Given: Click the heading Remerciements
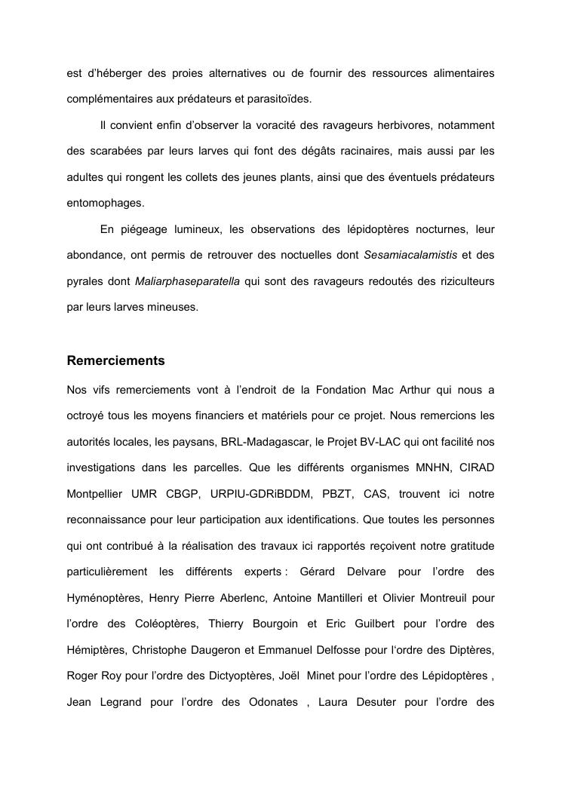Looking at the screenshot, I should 115,360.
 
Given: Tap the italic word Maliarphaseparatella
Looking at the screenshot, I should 187,281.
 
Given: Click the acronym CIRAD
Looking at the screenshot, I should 475,468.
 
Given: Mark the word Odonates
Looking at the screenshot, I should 272,702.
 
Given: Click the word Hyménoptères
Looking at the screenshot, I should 104,598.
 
